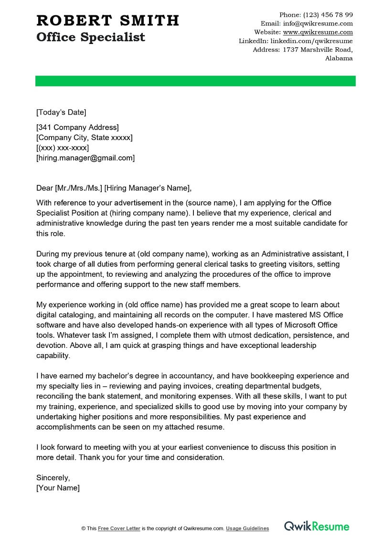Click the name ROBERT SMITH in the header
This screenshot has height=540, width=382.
pos(107,20)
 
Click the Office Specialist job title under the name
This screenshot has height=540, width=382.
pos(91,37)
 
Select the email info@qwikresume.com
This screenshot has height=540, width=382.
pos(318,23)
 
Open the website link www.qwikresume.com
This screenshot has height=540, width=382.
pos(318,32)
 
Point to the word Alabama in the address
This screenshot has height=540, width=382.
pos(339,58)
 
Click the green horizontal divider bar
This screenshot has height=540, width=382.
pos(195,81)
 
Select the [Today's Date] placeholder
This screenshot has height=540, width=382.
pos(61,112)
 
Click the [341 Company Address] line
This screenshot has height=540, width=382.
pos(77,127)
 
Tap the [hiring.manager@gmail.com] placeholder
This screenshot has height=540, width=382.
pos(85,158)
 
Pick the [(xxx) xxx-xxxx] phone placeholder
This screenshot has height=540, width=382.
pos(63,148)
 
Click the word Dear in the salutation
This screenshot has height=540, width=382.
pos(45,188)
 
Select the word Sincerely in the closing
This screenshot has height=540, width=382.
pos(53,477)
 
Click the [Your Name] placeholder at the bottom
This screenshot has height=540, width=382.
pos(58,488)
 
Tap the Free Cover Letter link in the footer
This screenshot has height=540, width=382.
pos(119,529)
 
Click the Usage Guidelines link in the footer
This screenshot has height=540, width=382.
pos(247,529)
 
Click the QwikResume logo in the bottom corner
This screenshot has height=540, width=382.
pos(317,527)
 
